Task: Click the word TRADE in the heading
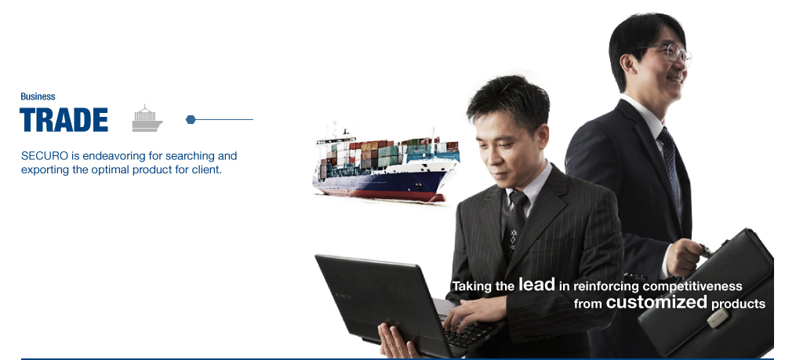[64, 120]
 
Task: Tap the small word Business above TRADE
[38, 96]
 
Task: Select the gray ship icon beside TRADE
[147, 118]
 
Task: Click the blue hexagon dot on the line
[191, 119]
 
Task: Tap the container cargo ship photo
[386, 164]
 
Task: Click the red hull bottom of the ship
[386, 194]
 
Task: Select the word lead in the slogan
[536, 285]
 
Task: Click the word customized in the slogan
[656, 302]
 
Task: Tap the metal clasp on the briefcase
[718, 318]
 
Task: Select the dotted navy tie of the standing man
[670, 168]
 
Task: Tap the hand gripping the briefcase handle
[684, 257]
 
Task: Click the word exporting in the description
[45, 170]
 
